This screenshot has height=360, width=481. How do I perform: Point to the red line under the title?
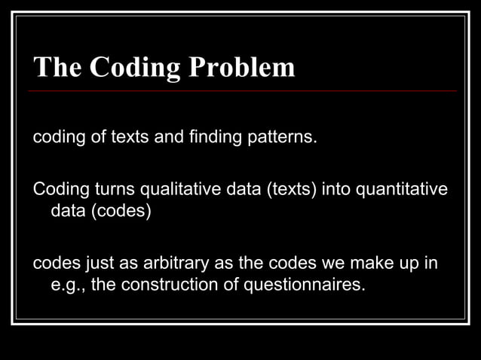click(x=241, y=91)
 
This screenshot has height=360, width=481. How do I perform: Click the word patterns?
click(x=280, y=138)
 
